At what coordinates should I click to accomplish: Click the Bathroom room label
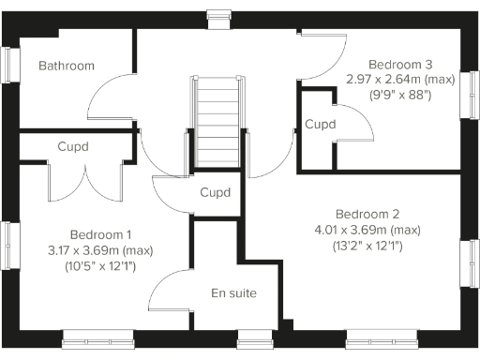pos(67,66)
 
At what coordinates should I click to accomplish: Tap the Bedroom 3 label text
pos(400,64)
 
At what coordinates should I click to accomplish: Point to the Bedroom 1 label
pos(101,234)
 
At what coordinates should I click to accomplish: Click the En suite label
pos(233,293)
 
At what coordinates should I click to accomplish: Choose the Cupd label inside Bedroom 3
pos(321,124)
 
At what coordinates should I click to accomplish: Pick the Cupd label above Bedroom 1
pos(74,146)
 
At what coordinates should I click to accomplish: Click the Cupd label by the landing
pos(217,192)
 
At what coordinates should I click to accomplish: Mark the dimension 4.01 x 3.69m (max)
pos(367,230)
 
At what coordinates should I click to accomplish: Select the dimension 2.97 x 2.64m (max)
pos(400,79)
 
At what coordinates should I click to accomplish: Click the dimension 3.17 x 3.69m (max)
pos(101,250)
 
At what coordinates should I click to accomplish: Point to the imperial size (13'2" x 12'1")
pos(367,247)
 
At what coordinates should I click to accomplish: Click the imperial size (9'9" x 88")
pos(400,95)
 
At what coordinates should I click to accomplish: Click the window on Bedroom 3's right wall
pos(469,95)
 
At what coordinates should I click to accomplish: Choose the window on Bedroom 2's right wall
pos(469,264)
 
